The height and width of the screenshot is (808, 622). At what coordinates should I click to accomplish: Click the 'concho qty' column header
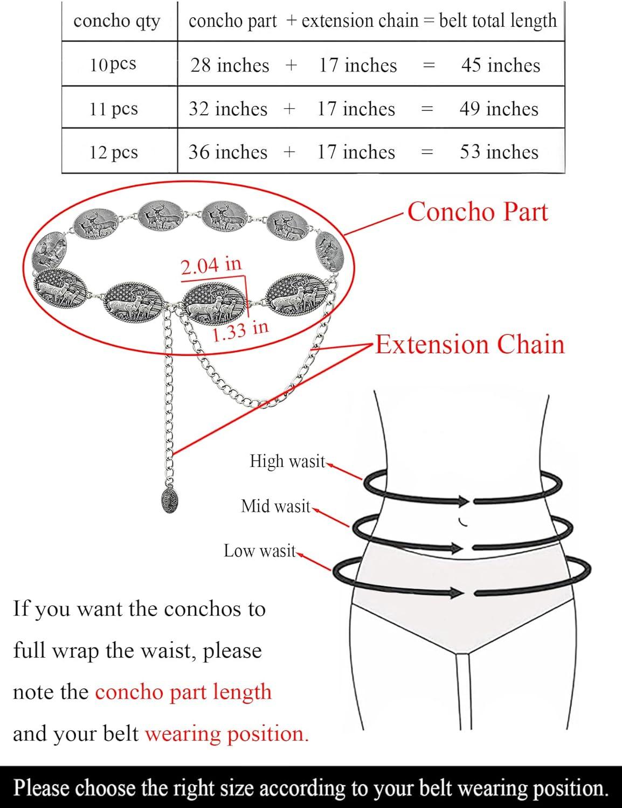tap(117, 21)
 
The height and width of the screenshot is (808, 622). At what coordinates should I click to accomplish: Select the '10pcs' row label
tap(113, 65)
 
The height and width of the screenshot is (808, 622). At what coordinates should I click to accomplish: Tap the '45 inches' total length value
tap(501, 65)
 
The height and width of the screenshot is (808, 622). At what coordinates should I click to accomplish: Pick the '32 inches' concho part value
tap(228, 109)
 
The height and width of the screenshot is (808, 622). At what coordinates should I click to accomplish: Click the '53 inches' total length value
tap(499, 152)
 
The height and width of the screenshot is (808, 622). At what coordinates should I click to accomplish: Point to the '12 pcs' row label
tap(114, 152)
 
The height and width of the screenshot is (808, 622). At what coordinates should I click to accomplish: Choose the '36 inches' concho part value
tap(227, 152)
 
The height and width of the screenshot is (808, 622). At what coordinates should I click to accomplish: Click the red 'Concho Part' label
tap(478, 212)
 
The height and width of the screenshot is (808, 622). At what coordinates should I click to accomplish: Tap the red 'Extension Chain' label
tap(470, 344)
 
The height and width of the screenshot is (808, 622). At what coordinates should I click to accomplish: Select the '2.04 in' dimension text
tap(211, 266)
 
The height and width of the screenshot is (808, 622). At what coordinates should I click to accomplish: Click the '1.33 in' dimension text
tap(240, 331)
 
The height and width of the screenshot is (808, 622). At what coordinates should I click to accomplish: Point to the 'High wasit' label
tap(288, 461)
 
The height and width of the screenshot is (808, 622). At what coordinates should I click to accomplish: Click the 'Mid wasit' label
tap(275, 506)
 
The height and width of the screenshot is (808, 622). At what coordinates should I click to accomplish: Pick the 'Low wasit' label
tap(260, 551)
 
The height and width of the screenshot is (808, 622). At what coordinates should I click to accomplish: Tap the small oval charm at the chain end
tap(170, 500)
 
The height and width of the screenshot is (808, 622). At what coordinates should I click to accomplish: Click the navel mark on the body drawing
tap(462, 523)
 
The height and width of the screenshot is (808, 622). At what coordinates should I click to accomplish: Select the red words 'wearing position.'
tap(227, 734)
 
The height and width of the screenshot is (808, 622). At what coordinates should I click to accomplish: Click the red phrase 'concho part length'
tap(183, 692)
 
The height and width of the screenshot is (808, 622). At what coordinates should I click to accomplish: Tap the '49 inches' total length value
tap(499, 109)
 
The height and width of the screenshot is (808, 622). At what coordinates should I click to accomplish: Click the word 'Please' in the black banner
tap(42, 788)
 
